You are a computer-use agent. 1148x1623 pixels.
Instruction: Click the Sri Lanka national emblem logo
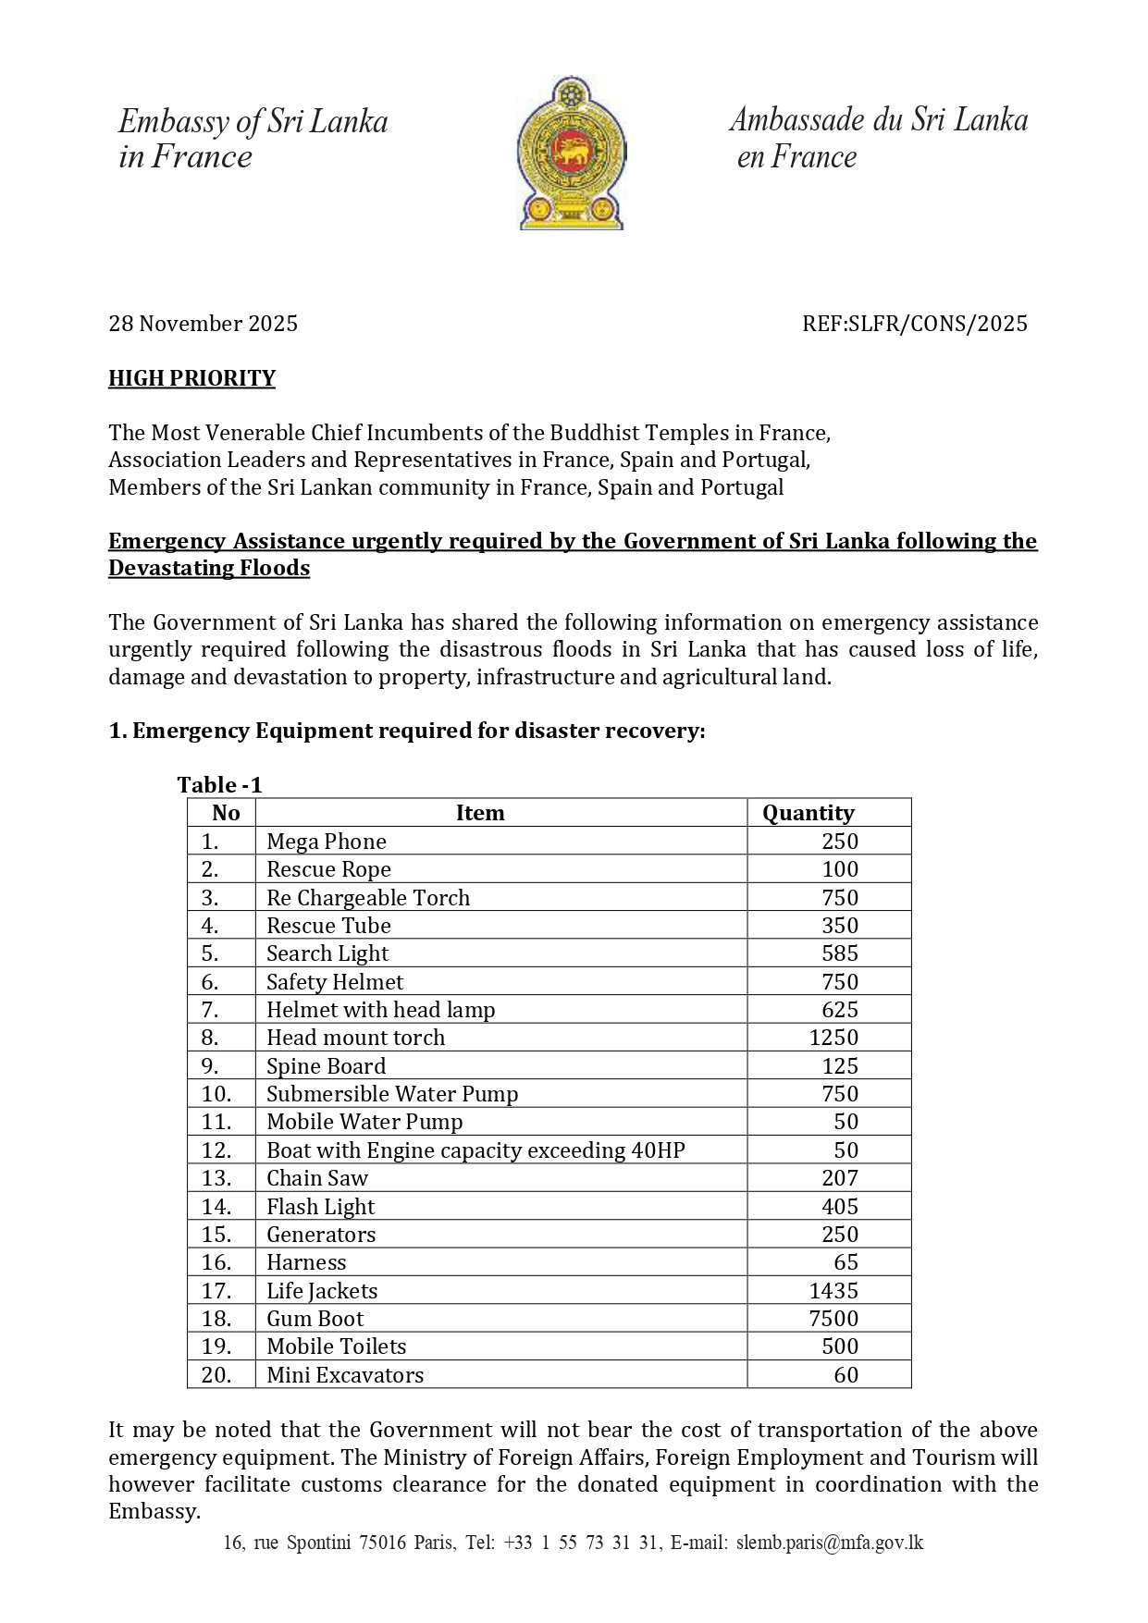point(571,154)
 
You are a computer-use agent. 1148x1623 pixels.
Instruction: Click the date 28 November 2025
point(203,324)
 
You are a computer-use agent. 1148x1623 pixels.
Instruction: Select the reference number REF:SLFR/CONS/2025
point(914,324)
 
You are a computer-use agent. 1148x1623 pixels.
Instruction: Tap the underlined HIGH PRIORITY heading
point(191,378)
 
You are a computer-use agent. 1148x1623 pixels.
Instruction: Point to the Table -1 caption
point(220,785)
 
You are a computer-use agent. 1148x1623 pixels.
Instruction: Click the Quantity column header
point(808,813)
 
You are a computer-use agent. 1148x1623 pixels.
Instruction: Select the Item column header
point(480,813)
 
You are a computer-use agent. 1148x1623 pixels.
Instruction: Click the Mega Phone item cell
point(327,842)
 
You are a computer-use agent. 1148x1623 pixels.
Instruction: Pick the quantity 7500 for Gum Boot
point(833,1319)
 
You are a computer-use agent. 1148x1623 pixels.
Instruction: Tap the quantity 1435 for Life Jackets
point(833,1291)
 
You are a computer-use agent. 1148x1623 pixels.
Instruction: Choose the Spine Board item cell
point(327,1066)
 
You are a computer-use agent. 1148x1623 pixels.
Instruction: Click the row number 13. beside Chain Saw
point(216,1178)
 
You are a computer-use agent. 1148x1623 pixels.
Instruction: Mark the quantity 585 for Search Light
point(840,953)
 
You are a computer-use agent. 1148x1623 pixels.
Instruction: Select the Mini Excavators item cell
point(345,1375)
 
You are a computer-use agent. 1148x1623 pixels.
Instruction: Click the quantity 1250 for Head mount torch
point(833,1038)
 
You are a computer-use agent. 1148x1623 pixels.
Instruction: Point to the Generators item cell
point(321,1235)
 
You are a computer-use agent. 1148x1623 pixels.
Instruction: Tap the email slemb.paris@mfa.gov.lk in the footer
point(829,1543)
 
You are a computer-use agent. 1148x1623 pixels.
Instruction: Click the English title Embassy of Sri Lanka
point(253,121)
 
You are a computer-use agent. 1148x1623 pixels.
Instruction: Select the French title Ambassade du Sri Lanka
point(878,119)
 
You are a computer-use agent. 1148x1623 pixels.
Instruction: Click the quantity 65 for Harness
point(846,1262)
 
